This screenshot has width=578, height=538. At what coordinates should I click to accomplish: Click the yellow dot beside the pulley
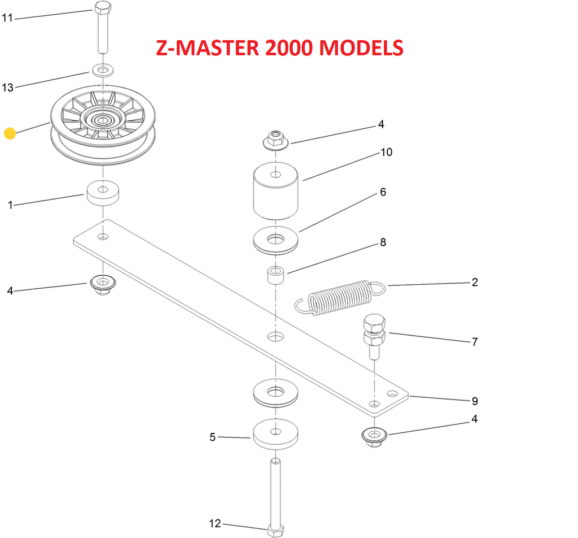pos(10,133)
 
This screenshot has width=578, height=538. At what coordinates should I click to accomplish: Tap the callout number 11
pos(7,18)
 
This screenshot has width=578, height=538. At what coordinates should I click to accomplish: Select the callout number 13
pos(7,87)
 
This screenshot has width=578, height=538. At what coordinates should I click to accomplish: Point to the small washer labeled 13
pos(102,71)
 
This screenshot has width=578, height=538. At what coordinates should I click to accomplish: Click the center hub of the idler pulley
pos(102,119)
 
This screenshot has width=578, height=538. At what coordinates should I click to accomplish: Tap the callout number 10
pos(386,153)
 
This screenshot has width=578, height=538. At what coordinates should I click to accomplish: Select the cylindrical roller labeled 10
pos(275,192)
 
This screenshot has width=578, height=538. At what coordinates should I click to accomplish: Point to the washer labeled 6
pos(275,239)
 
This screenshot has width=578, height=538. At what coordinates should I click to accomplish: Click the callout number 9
pos(475,401)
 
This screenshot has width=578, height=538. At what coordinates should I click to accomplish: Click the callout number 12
pos(215,524)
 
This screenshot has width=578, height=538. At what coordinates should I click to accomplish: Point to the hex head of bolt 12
pos(275,530)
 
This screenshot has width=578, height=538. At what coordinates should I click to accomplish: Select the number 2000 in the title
pos(285,47)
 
